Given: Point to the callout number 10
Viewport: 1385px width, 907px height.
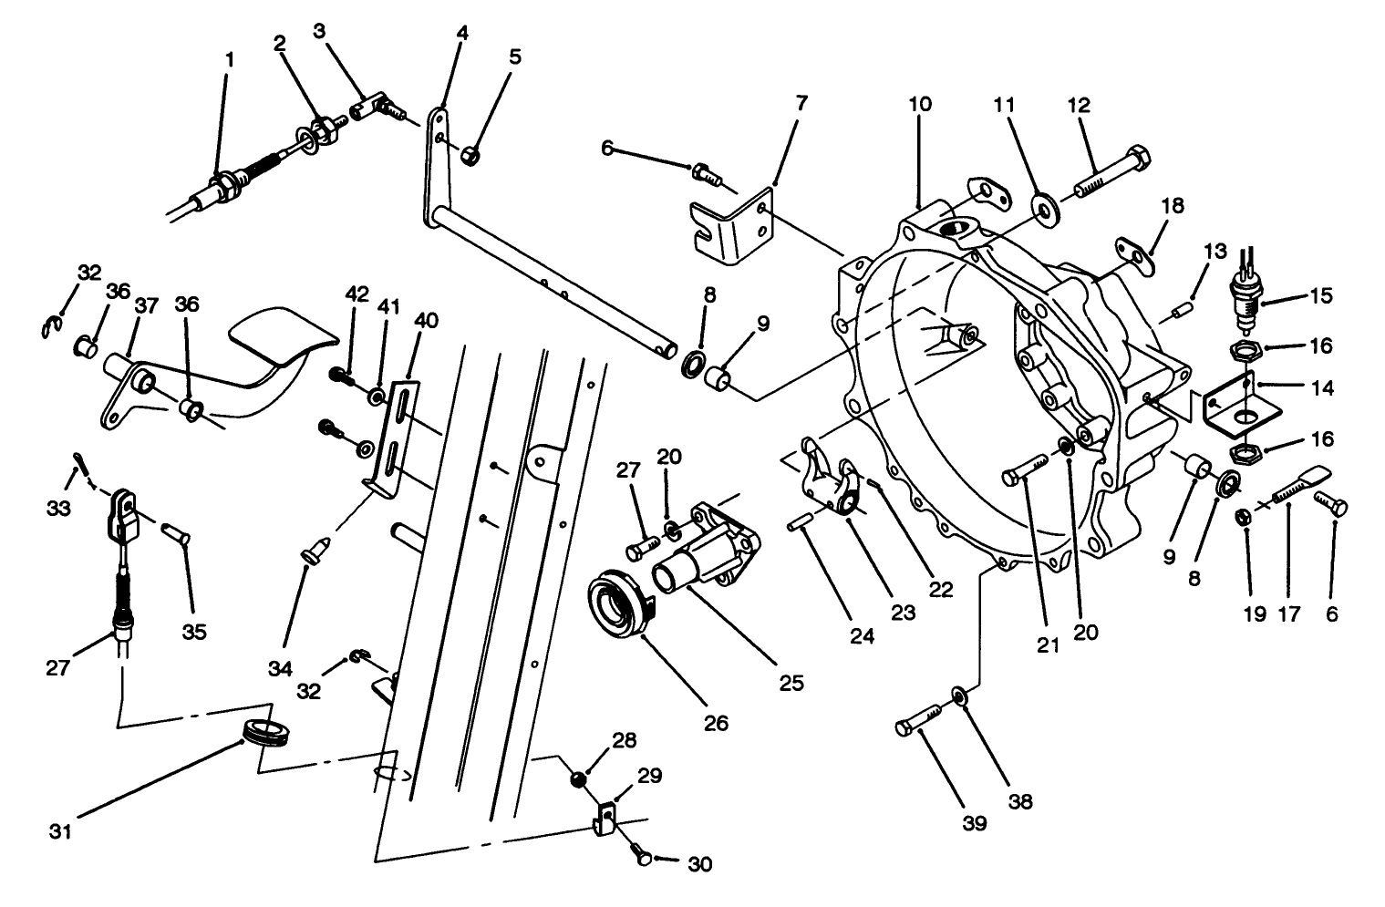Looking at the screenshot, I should point(920,104).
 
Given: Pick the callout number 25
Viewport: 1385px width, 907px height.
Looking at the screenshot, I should point(791,683).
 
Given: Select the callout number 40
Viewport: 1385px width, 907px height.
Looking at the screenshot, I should point(426,319).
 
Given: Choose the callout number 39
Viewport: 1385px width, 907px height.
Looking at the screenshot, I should point(975,823).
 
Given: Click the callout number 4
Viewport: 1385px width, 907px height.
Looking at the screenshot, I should point(462,34).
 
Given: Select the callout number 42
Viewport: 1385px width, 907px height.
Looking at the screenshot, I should point(357,294).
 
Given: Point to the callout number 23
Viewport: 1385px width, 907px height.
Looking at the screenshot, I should point(903,613).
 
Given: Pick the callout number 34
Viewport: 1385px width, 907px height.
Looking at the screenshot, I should point(281,668).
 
